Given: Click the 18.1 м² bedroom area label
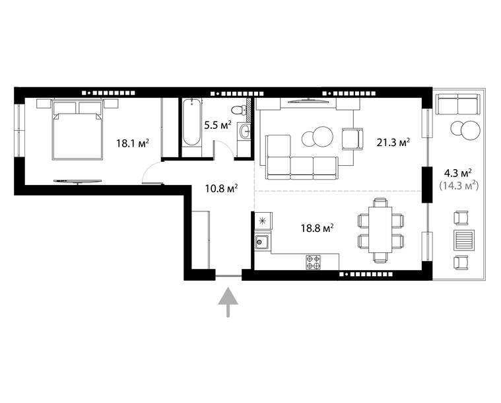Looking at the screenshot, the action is pos(133,143).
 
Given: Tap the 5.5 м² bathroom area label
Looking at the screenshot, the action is pos(218,125).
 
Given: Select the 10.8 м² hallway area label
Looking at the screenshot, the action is pos(221,188).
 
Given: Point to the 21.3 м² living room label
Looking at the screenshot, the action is pos(393,142).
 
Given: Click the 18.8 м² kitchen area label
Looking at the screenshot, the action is pos(317,228).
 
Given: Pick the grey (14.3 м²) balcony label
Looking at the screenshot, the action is pos(459,185).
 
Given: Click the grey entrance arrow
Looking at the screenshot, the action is pos(228,303).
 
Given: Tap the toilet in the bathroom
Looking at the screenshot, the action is pos(236,110).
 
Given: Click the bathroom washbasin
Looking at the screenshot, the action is pos(245,131).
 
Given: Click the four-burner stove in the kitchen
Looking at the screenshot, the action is pos(313,262).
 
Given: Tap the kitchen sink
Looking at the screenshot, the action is pos(262,242).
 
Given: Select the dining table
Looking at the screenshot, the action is pos(380,230).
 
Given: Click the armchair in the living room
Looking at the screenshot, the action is pos(352,139).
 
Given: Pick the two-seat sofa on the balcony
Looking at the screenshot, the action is pos(458,104).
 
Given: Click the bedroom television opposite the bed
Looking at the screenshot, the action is pos(78,181).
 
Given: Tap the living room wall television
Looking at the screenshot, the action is pos(308,101).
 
